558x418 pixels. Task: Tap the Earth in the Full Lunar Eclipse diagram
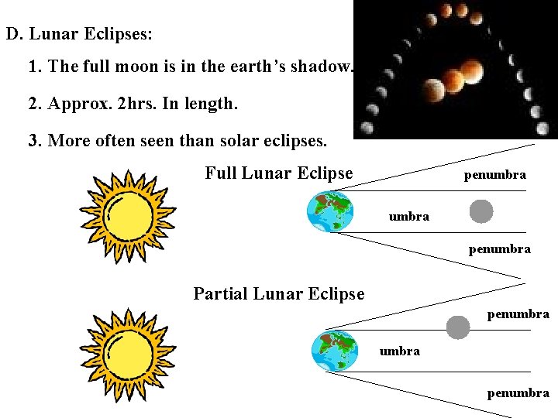330,211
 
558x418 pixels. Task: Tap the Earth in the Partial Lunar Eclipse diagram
333,351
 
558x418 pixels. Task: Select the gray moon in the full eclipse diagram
481,211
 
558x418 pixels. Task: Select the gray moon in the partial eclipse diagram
458,327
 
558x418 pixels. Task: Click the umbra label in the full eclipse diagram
408,217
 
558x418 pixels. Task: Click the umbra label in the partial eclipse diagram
399,351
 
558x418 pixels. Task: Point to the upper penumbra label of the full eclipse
494,175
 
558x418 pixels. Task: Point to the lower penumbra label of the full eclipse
499,249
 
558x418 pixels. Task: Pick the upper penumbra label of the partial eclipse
518,314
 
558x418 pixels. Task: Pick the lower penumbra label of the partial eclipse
518,393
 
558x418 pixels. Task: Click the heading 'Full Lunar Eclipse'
278,173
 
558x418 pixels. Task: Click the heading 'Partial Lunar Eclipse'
278,294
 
